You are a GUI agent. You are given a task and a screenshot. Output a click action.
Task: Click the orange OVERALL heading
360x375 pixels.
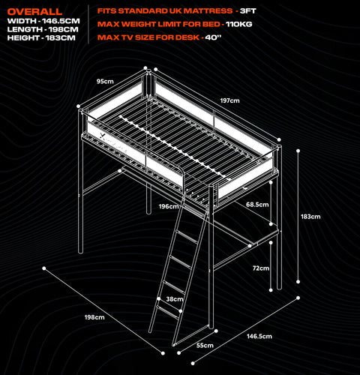coord(34,11)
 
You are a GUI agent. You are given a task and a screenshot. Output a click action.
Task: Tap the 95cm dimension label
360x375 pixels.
coord(105,81)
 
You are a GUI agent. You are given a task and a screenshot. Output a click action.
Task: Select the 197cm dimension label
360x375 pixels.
coord(229,100)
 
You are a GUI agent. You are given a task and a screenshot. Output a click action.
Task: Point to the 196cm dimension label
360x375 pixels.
coord(169,206)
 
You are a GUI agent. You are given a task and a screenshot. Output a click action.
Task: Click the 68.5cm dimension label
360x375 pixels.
coord(257,205)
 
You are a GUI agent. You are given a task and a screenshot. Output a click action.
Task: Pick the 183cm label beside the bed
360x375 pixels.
coord(310,217)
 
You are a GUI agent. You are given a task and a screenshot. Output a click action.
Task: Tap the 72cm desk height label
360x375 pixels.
coord(261,268)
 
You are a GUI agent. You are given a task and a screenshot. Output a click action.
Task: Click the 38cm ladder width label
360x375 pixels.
coord(175,299)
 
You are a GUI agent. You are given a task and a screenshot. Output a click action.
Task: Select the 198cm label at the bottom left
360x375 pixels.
coord(94,317)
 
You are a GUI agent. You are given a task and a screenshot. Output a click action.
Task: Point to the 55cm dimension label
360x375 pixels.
coord(205,345)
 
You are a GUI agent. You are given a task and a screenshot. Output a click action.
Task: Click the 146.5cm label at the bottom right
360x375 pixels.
coord(259,336)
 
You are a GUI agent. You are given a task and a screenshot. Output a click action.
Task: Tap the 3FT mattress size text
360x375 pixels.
coord(248,11)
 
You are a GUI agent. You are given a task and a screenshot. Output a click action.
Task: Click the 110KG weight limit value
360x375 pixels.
coord(239,24)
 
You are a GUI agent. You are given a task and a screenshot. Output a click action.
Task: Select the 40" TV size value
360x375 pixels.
coord(213,37)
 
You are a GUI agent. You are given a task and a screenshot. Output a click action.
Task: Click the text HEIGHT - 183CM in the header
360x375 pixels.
coord(41,38)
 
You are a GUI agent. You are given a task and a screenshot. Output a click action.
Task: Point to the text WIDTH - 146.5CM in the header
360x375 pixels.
coord(43,21)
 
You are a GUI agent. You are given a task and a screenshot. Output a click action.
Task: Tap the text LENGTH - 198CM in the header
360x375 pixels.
coord(43,29)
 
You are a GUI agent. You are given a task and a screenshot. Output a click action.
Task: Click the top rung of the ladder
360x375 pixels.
coord(187,236)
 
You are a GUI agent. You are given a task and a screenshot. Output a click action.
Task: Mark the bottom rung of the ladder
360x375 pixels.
coord(168,312)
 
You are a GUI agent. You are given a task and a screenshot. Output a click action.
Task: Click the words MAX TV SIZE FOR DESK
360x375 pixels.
coord(148,37)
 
